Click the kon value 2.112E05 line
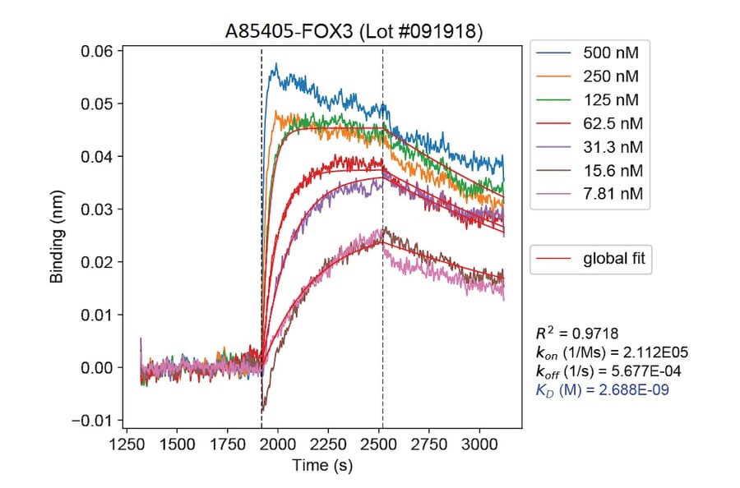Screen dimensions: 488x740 click(611, 352)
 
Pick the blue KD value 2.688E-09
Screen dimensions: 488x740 click(602, 390)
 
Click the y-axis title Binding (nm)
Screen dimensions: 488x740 click(58, 239)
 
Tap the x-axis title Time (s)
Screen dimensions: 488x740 click(321, 466)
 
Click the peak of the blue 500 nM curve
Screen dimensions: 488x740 click(276, 64)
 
